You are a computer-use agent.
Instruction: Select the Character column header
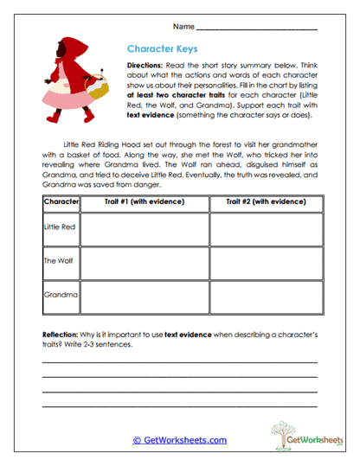[x=61, y=201]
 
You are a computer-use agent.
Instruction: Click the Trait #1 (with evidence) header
[x=145, y=201]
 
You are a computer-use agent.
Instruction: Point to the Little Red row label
[x=61, y=228]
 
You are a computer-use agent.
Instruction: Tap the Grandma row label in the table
[x=61, y=295]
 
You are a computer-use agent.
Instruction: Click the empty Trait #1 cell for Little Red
[x=145, y=229]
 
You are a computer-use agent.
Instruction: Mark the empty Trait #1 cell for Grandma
[x=145, y=296]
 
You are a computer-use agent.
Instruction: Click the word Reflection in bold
[x=63, y=334]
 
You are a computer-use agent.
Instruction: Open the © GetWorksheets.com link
[x=179, y=440]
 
